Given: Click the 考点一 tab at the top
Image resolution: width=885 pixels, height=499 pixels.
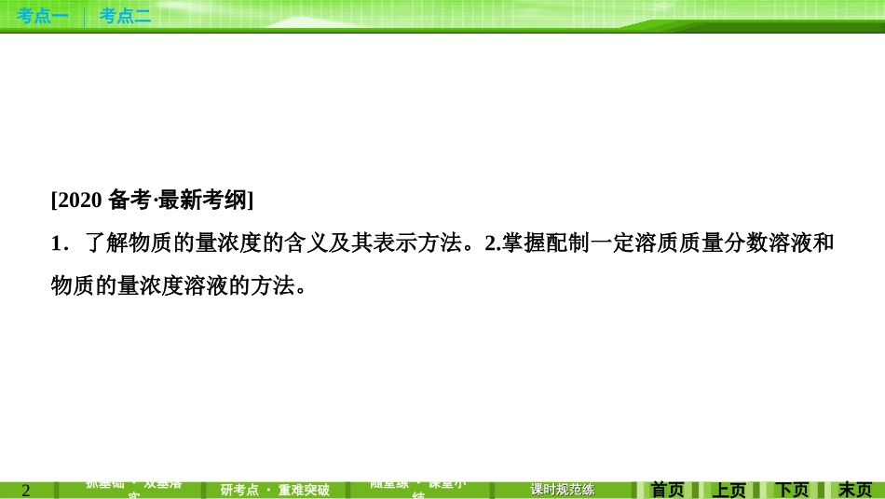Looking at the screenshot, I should pos(42,15).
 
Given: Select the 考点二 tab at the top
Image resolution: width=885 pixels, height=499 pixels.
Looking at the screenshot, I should pos(125,15).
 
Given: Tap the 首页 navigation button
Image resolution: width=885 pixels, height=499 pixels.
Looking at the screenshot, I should pos(667,490).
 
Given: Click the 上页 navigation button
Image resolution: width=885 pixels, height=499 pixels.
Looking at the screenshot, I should pos(729,490).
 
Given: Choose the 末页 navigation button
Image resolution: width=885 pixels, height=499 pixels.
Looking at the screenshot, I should pos(854,490).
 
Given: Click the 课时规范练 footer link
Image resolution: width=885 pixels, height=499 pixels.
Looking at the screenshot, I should pos(562,490).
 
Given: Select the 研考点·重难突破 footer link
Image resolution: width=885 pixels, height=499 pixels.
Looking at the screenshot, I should pos(275,490).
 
